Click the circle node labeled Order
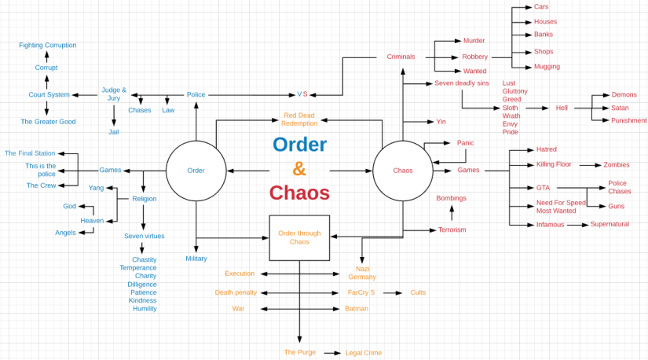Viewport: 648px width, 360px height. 196,171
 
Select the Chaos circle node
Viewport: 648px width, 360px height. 402,171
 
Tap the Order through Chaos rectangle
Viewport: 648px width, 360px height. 299,237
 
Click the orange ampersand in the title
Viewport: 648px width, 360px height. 299,168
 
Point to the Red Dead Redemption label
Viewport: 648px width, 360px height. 300,119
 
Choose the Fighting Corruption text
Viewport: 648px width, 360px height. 48,46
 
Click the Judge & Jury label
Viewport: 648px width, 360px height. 114,94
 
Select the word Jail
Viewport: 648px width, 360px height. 114,132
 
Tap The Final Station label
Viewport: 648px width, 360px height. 30,153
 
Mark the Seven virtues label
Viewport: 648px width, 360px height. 144,236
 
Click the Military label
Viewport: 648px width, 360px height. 196,259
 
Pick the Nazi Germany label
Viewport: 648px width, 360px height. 362,273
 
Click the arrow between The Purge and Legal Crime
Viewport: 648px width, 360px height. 331,353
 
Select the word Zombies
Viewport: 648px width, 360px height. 616,165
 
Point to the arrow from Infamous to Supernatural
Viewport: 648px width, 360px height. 577,225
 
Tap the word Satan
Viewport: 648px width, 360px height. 620,108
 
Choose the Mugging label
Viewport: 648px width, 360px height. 547,67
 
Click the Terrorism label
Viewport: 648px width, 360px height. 452,230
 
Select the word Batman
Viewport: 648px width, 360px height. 356,309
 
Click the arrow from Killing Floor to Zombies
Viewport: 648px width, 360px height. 589,165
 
